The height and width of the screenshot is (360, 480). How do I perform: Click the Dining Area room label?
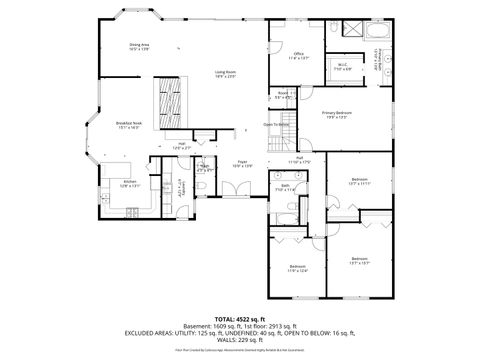coord(139,46)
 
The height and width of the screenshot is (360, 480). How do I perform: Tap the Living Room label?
coord(225,74)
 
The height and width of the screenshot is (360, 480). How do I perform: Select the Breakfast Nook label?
coord(129,125)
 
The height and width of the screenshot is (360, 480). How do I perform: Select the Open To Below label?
coord(276,125)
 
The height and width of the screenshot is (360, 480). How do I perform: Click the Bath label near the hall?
coord(285,187)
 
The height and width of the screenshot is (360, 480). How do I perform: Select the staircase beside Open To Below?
coord(288,129)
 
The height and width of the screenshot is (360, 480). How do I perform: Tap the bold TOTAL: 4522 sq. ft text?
coord(238,319)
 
